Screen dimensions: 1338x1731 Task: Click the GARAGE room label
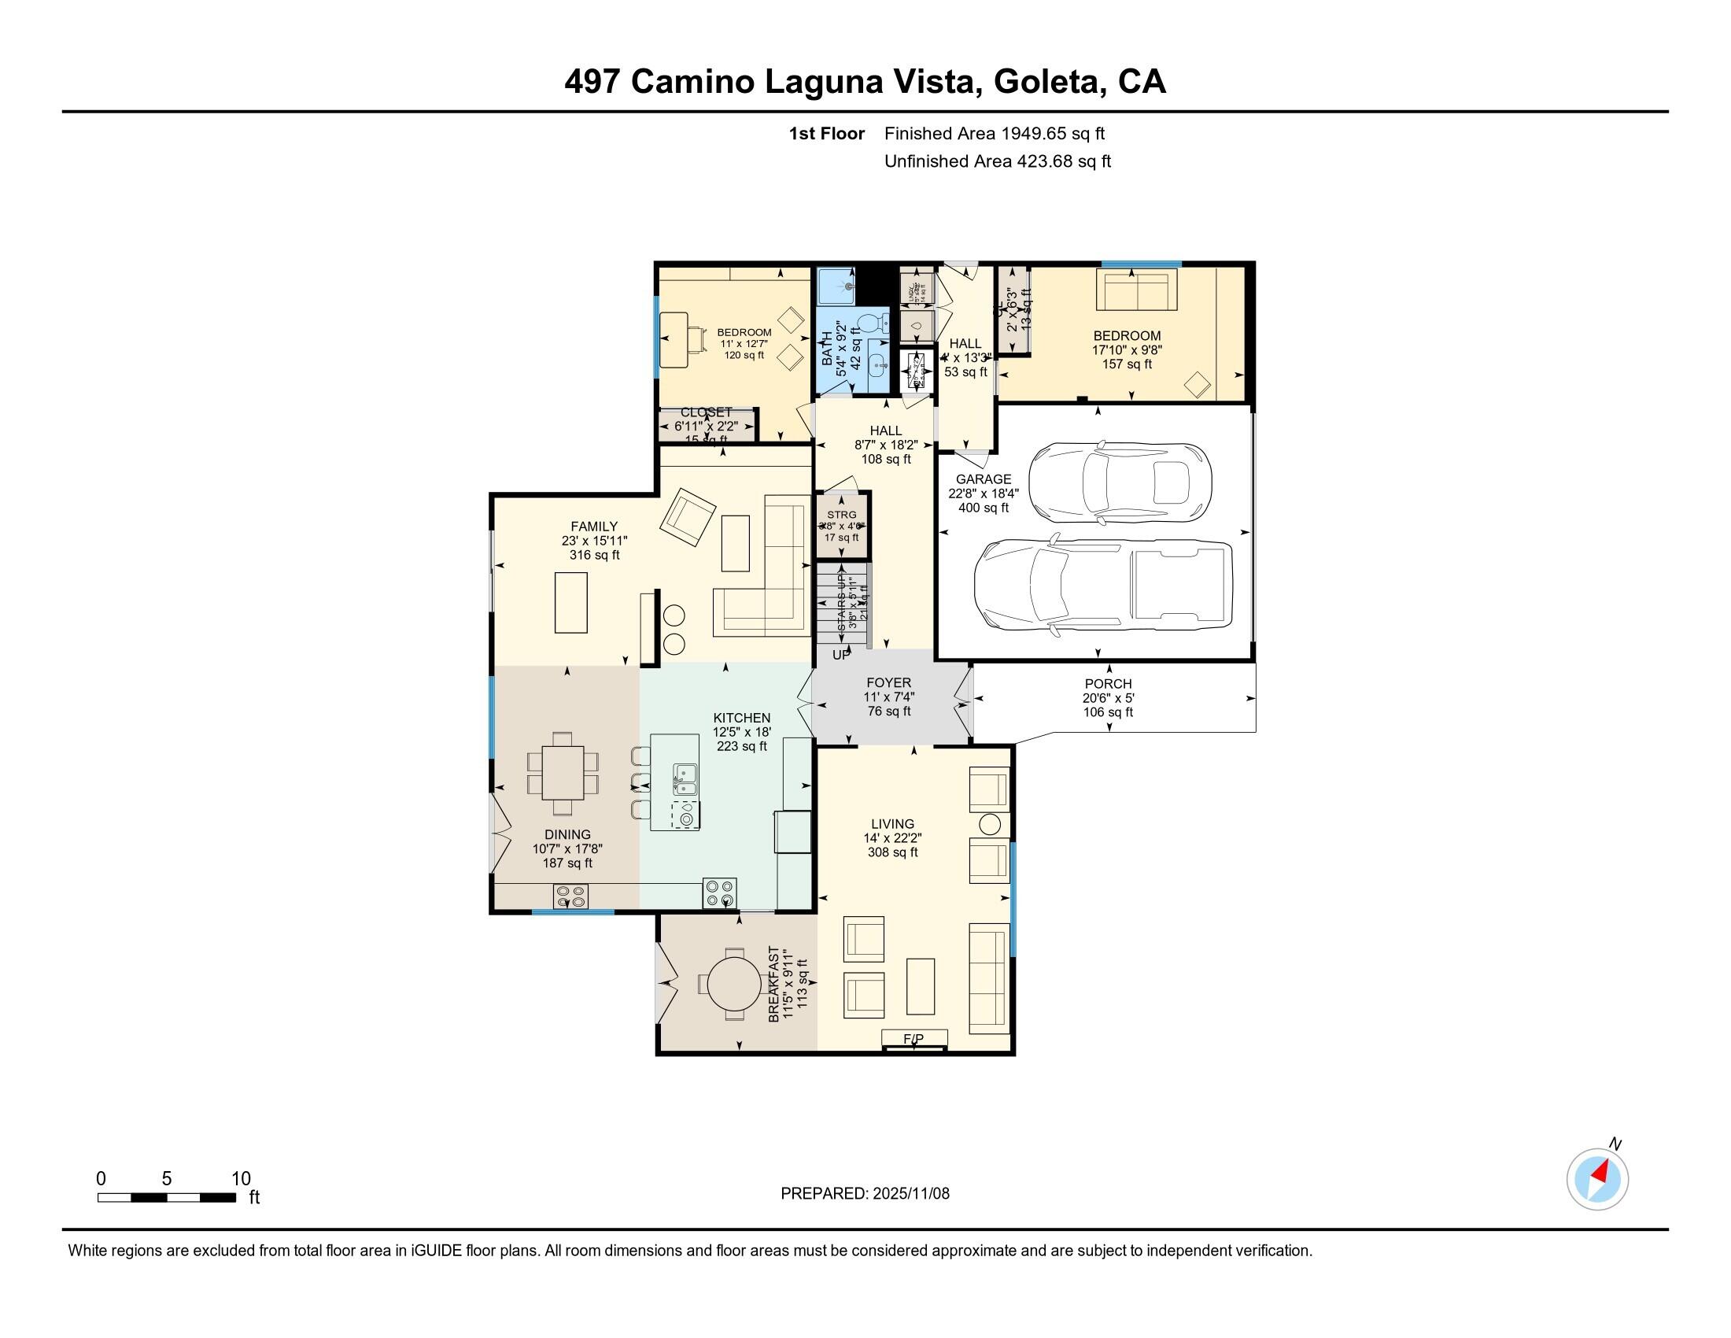click(983, 479)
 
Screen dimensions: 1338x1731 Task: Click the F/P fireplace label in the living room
click(913, 1038)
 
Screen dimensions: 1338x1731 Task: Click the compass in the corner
click(1597, 1179)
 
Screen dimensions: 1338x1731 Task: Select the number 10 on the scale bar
click(240, 1178)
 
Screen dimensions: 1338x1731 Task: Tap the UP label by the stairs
click(841, 655)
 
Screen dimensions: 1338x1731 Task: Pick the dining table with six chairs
click(563, 773)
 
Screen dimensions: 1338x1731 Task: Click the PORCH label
click(1108, 683)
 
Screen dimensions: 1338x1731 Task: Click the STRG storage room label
click(841, 515)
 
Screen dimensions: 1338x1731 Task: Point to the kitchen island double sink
click(684, 778)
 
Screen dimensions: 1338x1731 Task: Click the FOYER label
click(888, 682)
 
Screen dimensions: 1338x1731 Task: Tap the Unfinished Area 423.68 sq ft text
click(997, 161)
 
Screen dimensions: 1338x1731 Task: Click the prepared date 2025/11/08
click(910, 1193)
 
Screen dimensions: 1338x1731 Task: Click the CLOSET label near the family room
click(706, 412)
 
